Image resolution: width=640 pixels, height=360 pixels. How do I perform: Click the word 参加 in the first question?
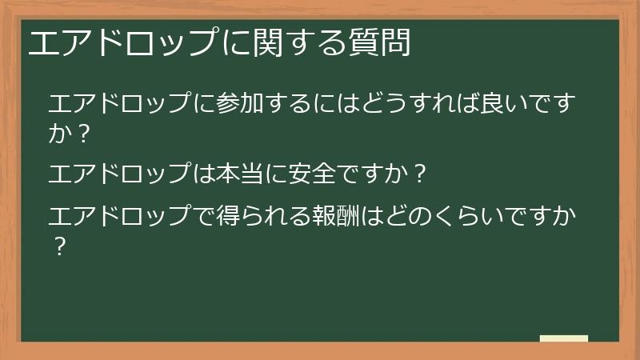click(x=241, y=105)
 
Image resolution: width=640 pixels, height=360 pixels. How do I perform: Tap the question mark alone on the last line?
click(x=58, y=245)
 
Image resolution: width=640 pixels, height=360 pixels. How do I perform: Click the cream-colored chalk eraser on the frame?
click(x=563, y=338)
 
